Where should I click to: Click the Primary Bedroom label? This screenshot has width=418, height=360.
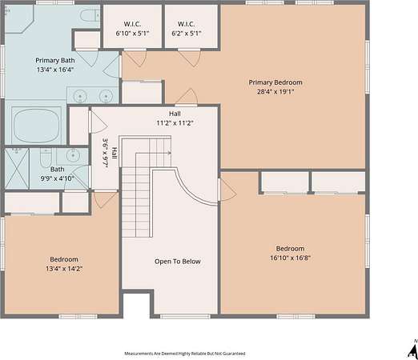pos(275,82)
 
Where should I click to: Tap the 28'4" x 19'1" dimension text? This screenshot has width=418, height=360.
pos(275,92)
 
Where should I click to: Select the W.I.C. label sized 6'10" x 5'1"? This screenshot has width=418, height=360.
pos(132,24)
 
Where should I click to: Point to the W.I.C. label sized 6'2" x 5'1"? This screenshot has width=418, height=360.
pos(186,24)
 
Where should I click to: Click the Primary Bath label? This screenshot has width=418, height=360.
pos(55,61)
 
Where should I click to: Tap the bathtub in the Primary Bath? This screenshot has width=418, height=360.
pos(37,125)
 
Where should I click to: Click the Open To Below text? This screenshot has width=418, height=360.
pos(178,262)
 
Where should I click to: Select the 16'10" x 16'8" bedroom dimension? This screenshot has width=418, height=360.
pos(290,258)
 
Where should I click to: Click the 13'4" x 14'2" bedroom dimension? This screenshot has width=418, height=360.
pos(64,268)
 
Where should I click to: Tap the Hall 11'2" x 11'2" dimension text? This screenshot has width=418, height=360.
pos(175,123)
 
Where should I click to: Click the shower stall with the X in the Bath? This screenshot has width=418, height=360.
pos(17,169)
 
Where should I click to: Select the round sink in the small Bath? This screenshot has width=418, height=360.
pos(73,155)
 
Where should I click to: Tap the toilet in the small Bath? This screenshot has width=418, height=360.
pos(46,158)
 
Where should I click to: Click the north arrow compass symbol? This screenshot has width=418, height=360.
pos(413,349)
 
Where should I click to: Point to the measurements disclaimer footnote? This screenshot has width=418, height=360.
pos(185,354)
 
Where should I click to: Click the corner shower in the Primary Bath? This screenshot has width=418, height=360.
pos(18,19)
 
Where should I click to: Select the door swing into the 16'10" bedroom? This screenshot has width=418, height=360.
pos(227,190)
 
